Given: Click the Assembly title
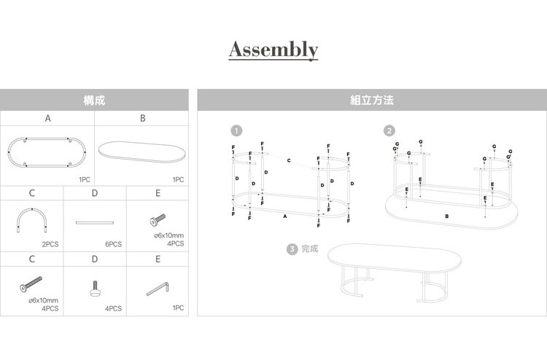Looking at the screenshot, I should (273, 50).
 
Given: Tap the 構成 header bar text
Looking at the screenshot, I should (94, 100).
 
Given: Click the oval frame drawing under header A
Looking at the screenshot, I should (47, 152).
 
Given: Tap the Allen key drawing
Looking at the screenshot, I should (158, 289).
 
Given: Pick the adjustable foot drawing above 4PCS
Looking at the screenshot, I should (95, 289).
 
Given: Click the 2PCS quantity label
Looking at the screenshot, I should (50, 244).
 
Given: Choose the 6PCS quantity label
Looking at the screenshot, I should (112, 244).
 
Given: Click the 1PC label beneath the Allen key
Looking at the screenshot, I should (178, 308).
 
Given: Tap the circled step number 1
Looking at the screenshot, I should (235, 131).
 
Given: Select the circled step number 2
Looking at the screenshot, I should (389, 131).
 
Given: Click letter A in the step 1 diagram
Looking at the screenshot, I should (285, 216).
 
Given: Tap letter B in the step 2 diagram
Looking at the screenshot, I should (446, 216).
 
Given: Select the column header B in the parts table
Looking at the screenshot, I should (142, 117).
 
